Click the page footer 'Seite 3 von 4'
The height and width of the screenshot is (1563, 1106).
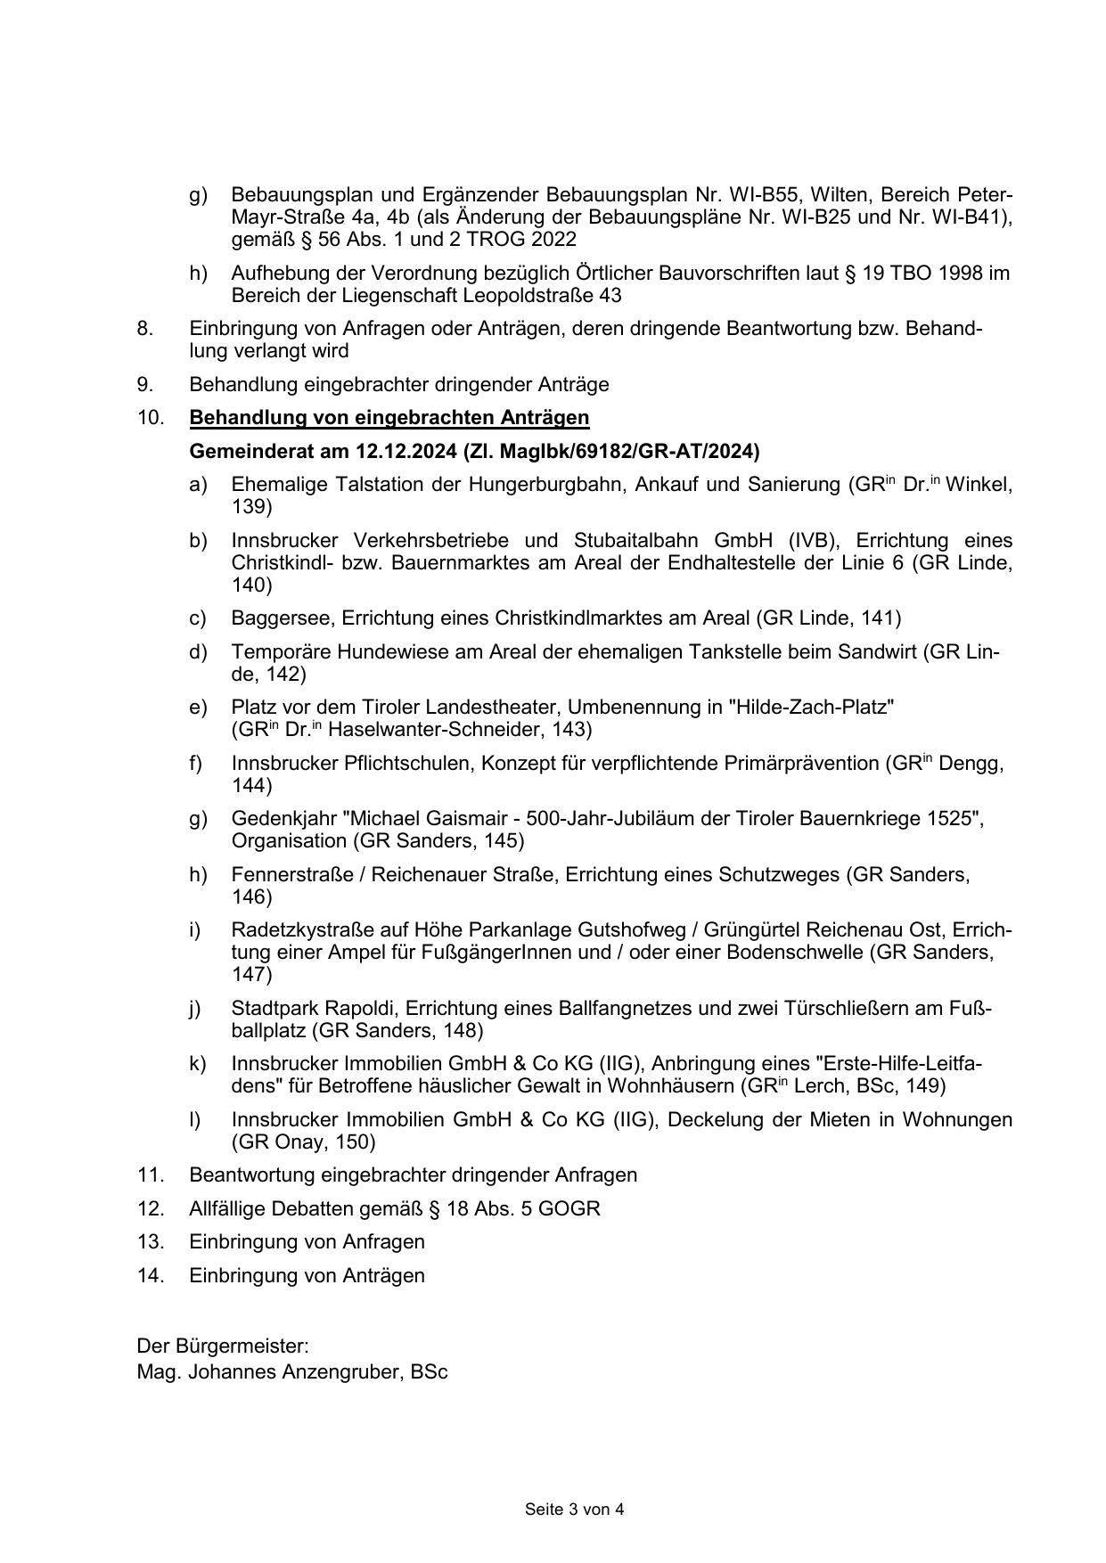click(574, 1509)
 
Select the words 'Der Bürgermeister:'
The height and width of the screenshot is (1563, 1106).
click(223, 1346)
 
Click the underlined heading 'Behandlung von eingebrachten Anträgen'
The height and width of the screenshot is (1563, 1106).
click(389, 417)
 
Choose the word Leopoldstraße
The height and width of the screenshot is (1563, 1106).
click(511, 295)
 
